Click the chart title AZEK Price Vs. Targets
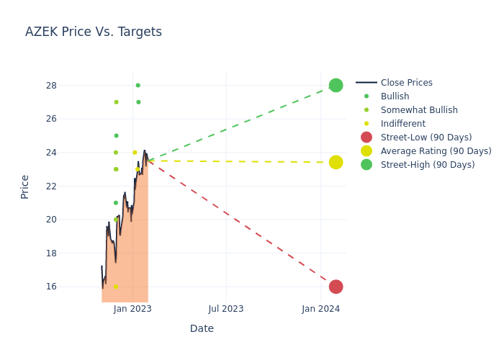point(94,32)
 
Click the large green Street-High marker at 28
point(336,85)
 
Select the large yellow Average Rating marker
point(336,162)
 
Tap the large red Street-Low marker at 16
point(336,287)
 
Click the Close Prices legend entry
point(406,83)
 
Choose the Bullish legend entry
point(395,96)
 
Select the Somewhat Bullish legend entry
point(419,110)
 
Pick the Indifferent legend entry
point(402,124)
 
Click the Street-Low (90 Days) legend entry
point(426,138)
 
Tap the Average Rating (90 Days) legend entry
point(436,151)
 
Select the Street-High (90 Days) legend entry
point(428,165)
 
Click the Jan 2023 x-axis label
point(132,309)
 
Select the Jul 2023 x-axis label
point(226,309)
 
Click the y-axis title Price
point(25,186)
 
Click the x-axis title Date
point(202,329)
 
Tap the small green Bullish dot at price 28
point(138,85)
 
